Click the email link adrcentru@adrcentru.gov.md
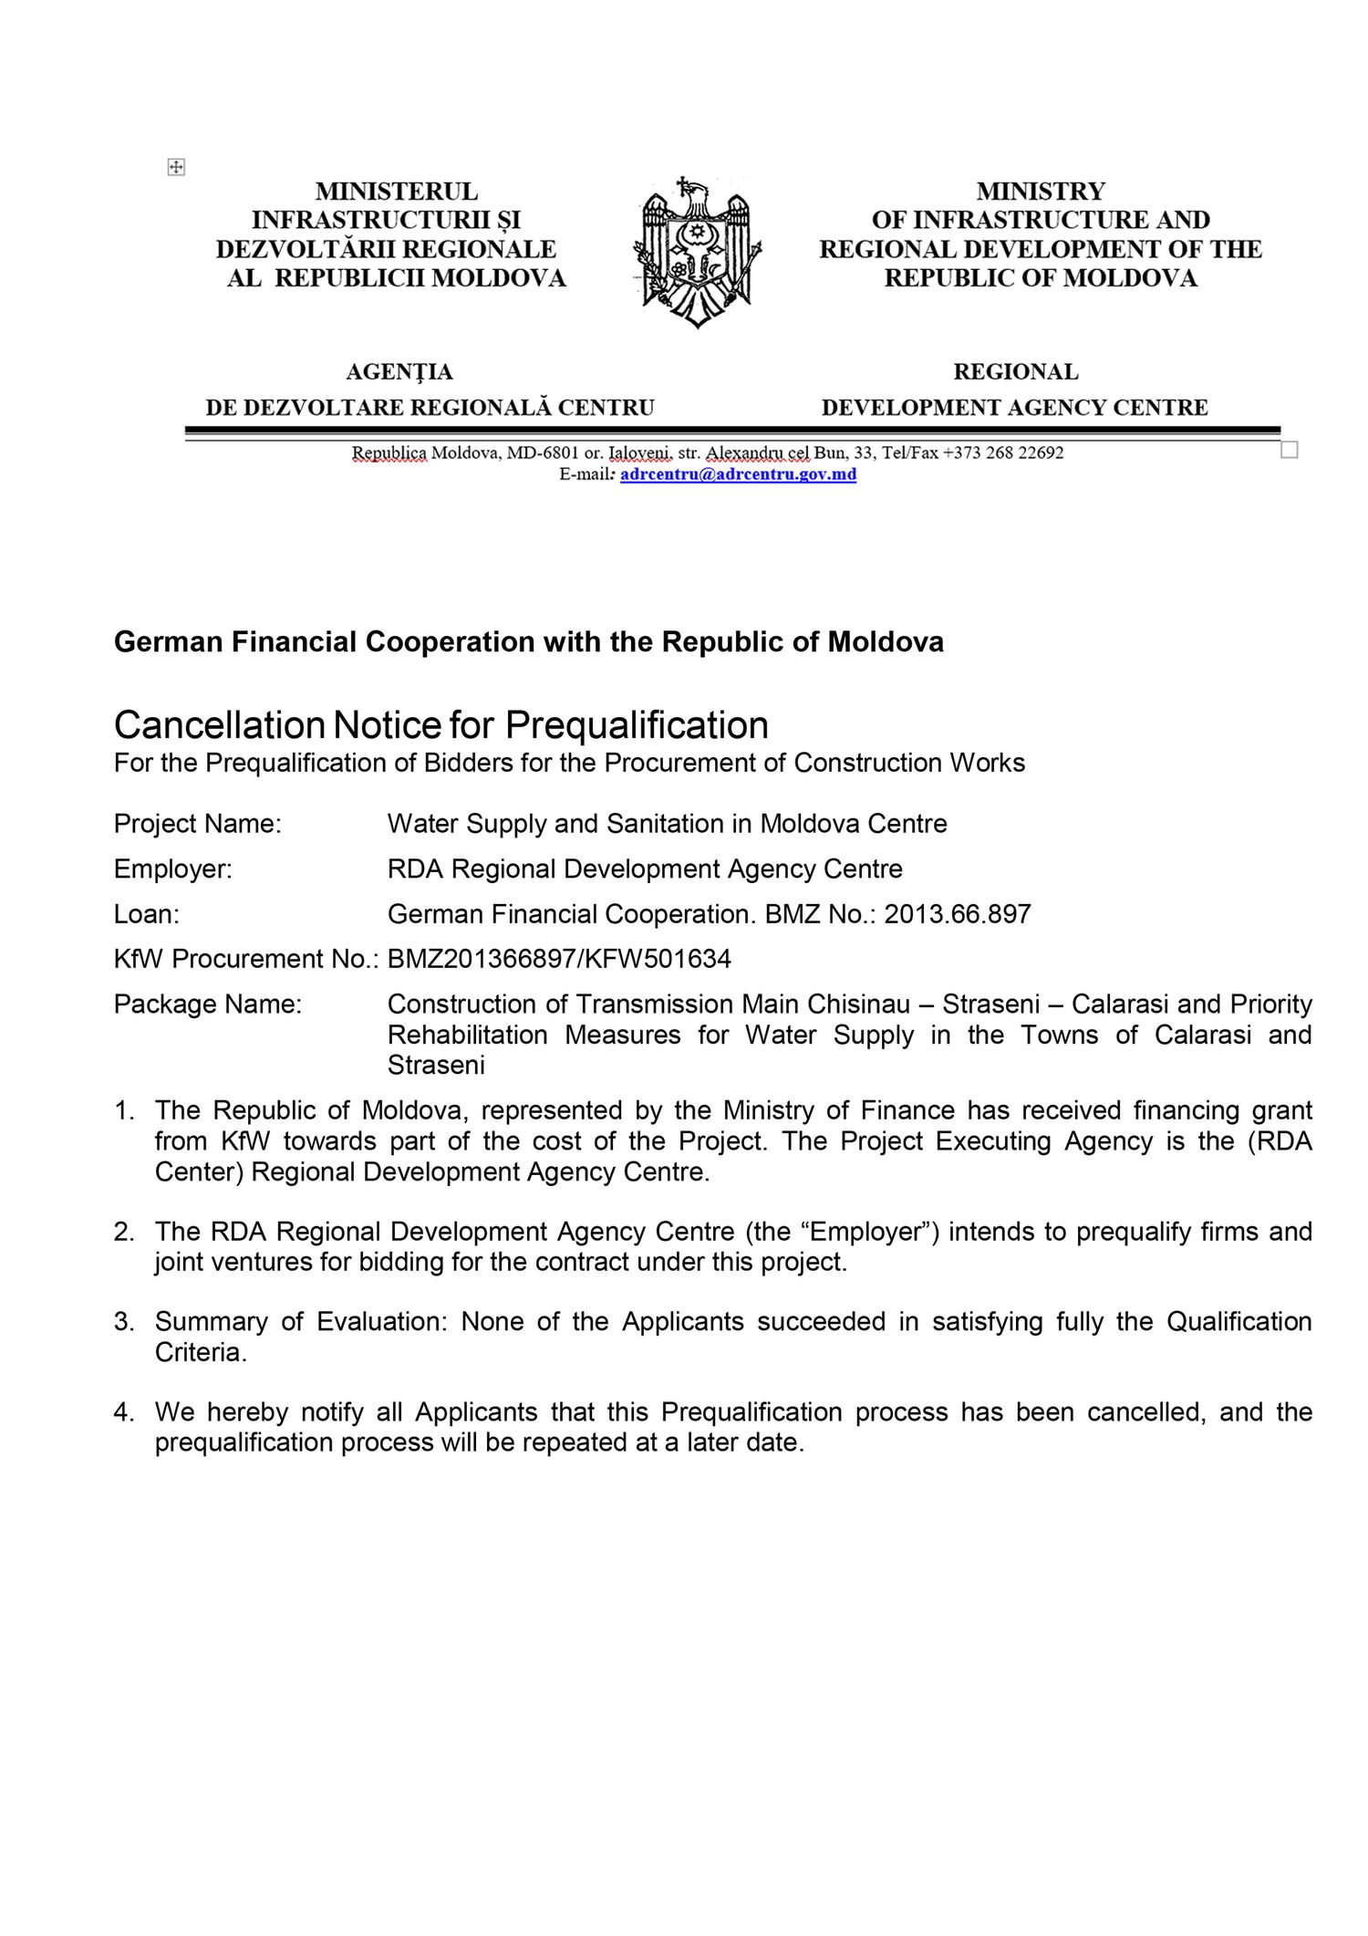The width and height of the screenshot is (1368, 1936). pos(738,474)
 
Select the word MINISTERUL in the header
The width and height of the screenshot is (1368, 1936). pos(396,192)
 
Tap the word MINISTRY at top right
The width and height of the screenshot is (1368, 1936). pos(1040,192)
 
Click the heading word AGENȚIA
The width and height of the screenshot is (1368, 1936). pos(399,372)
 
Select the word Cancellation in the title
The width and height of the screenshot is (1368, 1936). pos(219,725)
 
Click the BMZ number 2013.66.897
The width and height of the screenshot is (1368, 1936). pos(957,914)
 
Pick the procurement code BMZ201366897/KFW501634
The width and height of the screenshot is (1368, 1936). pos(559,959)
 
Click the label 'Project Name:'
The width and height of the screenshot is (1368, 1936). pos(197,824)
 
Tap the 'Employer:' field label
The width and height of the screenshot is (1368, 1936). pos(172,869)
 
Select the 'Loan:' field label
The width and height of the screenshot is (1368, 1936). pos(146,914)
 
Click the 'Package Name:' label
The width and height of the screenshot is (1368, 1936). pos(207,1004)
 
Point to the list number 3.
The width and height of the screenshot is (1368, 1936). pos(123,1322)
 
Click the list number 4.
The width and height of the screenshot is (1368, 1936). pos(123,1412)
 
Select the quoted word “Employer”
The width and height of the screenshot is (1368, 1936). pos(864,1232)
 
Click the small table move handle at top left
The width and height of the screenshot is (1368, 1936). pos(176,167)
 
